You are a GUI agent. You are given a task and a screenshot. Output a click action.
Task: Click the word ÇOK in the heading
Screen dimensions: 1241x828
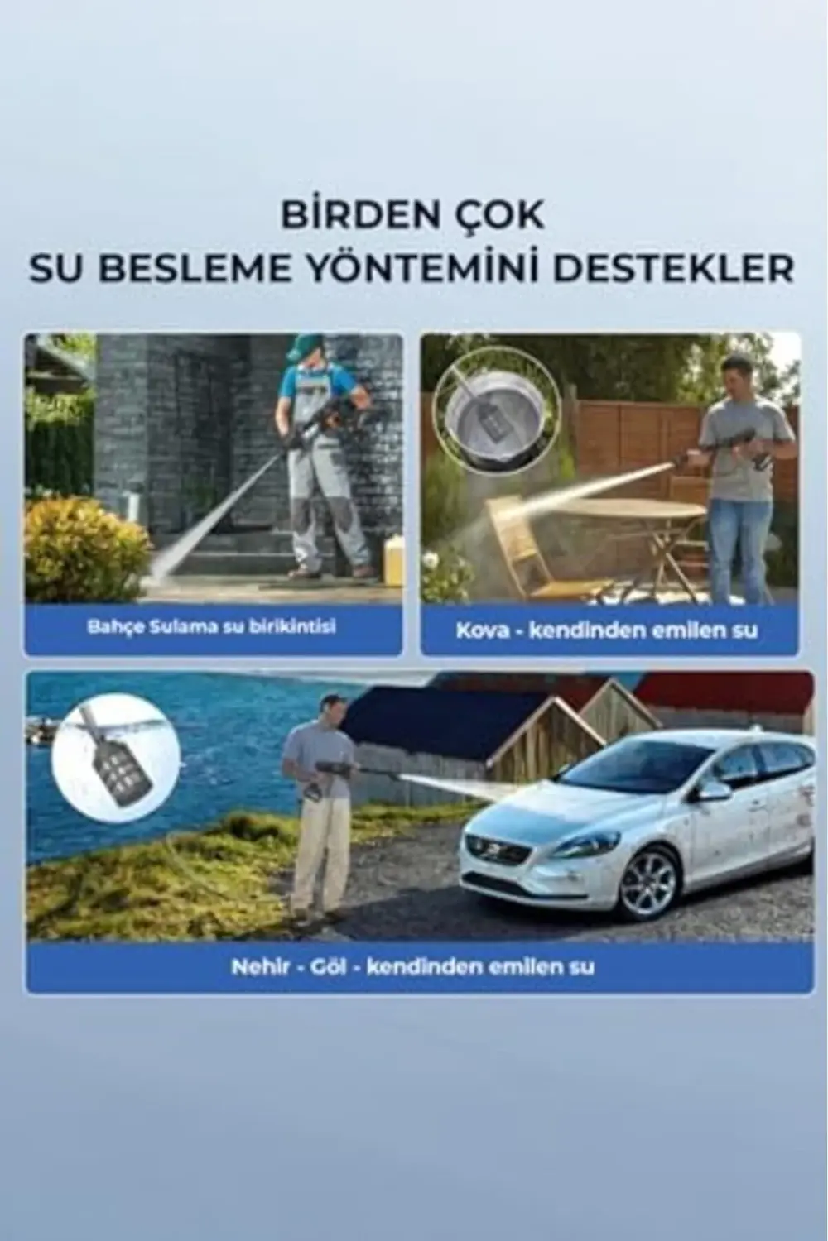coord(504,216)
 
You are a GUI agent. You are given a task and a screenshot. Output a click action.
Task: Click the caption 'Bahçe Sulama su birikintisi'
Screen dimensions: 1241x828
coord(212,626)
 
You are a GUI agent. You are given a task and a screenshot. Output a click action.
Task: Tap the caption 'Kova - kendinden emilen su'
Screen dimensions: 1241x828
coord(607,630)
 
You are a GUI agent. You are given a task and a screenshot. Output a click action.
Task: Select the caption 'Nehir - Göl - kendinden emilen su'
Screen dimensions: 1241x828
coord(412,966)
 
